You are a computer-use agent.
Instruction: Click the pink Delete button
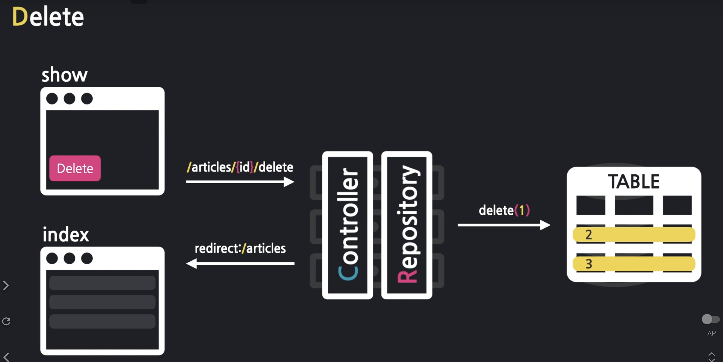tap(75, 168)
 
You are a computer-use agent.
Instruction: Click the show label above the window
tap(65, 75)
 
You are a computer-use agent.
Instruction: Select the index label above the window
tap(66, 235)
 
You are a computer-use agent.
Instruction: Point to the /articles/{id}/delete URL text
tap(240, 167)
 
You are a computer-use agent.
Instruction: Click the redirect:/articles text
tap(240, 248)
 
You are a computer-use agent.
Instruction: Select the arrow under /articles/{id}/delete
tap(240, 182)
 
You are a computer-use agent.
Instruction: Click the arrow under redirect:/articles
tap(240, 263)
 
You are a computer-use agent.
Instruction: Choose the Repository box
tap(407, 225)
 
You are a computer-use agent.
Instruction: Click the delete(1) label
tap(504, 210)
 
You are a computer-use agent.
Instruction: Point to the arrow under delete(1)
tap(504, 225)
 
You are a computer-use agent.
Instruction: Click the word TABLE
tap(634, 182)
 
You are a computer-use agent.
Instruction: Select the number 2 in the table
tap(588, 234)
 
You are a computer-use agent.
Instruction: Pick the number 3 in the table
tap(588, 264)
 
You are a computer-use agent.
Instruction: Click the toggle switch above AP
tap(710, 319)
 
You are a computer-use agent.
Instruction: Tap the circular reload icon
tap(6, 321)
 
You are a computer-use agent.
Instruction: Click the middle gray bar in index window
tap(102, 302)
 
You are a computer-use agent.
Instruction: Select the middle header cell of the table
tap(634, 205)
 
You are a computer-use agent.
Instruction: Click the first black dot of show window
tap(52, 98)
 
